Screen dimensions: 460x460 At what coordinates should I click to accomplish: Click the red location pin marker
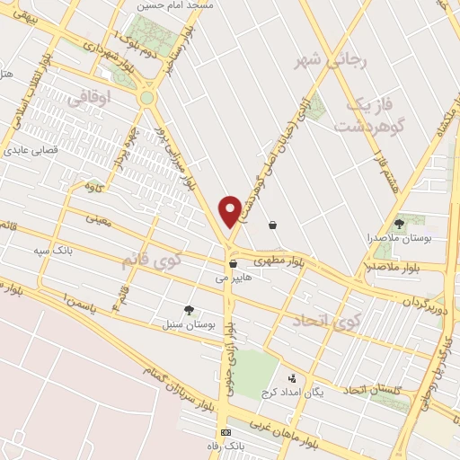tap(231, 210)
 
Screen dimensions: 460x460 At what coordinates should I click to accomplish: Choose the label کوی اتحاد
tap(324, 322)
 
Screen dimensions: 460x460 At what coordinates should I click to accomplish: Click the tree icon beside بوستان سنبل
tap(188, 309)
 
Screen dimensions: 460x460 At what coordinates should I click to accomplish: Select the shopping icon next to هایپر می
tap(233, 264)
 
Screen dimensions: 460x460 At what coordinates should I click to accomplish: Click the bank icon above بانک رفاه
tap(226, 432)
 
